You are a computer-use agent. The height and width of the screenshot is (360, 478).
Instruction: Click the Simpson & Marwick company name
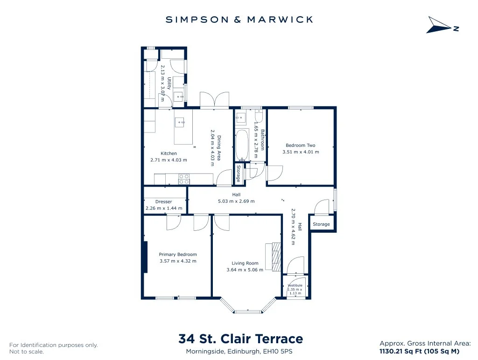pos(239,20)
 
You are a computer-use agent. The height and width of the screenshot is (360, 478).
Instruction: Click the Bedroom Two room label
pos(300,145)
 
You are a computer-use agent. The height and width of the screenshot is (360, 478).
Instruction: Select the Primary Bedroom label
pos(178,254)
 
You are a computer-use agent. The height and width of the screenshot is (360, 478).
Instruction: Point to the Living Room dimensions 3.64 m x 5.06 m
pos(245,270)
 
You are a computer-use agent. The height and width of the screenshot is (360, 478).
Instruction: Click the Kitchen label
pos(169,153)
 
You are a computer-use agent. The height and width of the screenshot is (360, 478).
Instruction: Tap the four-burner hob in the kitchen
pos(184,180)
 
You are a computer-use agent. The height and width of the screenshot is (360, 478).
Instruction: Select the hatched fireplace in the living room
pos(276,257)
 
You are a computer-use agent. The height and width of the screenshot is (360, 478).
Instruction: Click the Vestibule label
pos(295,285)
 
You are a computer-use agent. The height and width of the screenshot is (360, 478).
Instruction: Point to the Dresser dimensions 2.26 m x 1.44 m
pos(164,208)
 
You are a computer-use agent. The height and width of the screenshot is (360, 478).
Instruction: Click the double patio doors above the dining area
pos(214,100)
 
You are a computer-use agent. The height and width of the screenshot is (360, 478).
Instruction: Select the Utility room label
pos(169,83)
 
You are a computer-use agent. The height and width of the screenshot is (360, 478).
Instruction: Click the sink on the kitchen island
pos(180,123)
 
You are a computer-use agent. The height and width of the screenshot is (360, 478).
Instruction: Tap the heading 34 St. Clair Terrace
pos(240,339)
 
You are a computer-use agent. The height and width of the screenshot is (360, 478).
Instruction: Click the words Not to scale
pos(27,352)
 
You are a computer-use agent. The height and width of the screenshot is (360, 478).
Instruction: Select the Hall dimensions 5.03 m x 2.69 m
pos(236,201)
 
